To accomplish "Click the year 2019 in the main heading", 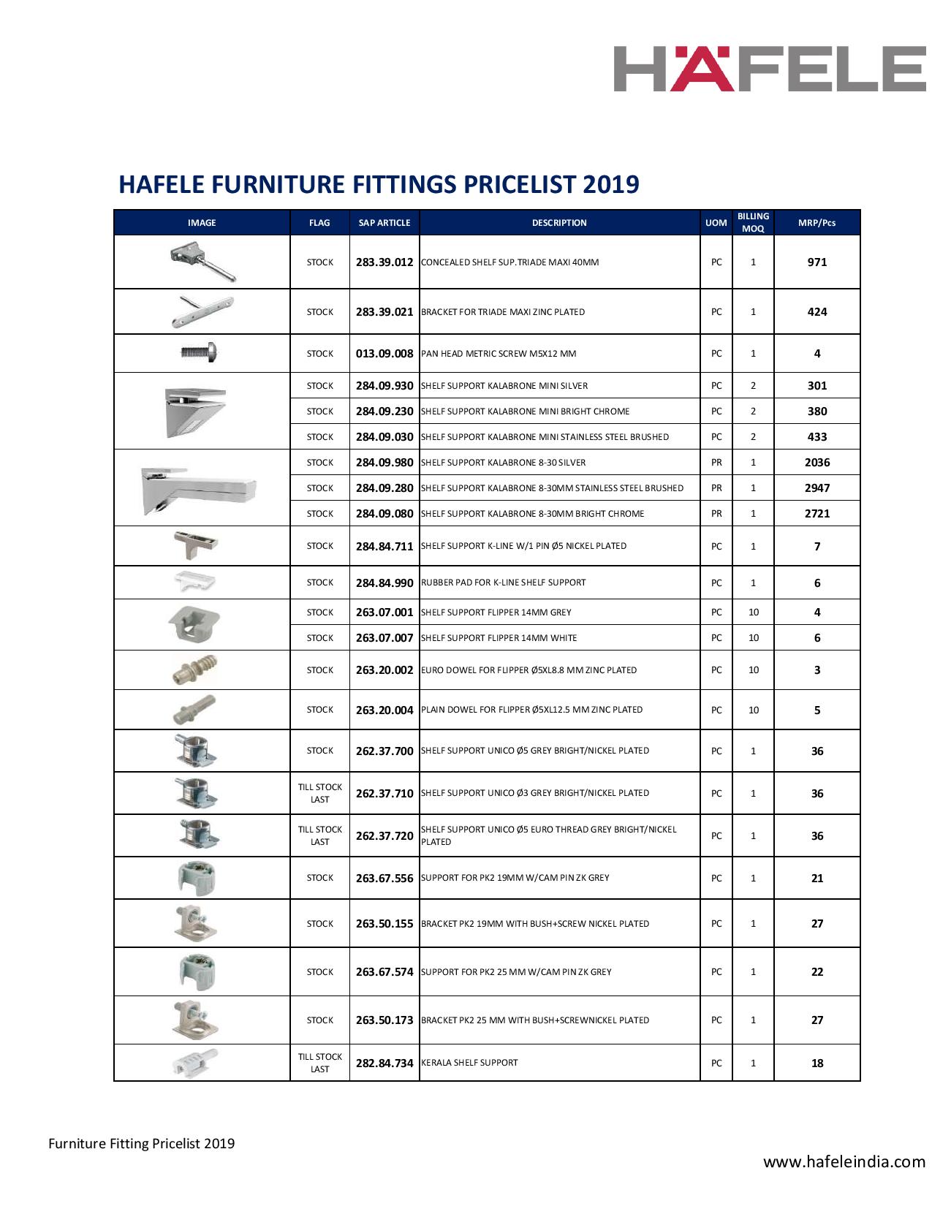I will [x=611, y=184].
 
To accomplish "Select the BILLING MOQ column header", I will [x=753, y=222].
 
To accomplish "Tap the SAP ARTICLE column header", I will [x=384, y=223].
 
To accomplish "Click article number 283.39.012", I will [x=384, y=262].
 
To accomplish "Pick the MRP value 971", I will [x=817, y=262].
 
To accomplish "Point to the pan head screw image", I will [x=199, y=353].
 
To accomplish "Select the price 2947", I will [x=817, y=488].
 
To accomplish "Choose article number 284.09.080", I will [x=384, y=513].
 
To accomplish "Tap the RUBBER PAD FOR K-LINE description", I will [x=504, y=583].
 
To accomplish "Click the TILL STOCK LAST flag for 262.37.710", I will [x=319, y=793].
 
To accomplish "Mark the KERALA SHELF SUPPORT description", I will [x=469, y=1063].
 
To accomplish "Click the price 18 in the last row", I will [x=817, y=1063].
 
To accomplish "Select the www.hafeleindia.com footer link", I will [x=844, y=1162].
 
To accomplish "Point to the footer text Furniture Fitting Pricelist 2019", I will [x=142, y=1143].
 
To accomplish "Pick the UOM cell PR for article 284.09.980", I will [x=716, y=462].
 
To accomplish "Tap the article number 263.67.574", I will [x=384, y=972].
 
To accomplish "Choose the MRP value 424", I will [x=817, y=312].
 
